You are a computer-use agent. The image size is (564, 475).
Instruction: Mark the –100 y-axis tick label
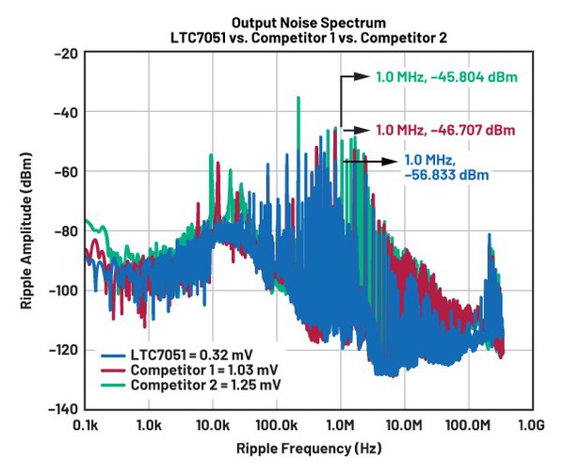(61, 290)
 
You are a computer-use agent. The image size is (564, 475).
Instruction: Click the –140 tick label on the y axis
(61, 408)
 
